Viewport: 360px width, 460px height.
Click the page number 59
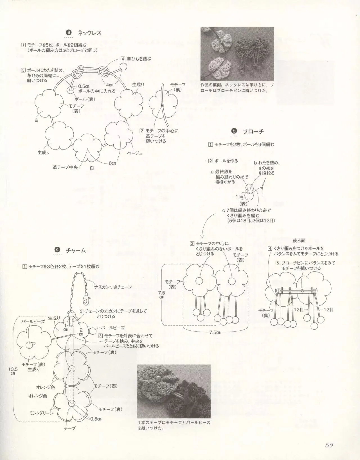[x=329, y=445]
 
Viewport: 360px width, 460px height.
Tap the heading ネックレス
[x=89, y=33]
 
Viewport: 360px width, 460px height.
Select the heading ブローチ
[x=253, y=131]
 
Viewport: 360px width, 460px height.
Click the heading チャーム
[x=75, y=250]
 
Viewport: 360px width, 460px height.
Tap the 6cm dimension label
[x=112, y=163]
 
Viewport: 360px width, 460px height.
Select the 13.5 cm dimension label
[x=13, y=371]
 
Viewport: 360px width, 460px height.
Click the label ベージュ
[x=135, y=153]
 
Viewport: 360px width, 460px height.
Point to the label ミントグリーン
[x=42, y=413]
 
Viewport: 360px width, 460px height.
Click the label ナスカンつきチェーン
[x=113, y=287]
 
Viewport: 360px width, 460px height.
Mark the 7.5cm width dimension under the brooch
[x=215, y=332]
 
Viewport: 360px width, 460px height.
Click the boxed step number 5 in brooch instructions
[x=278, y=263]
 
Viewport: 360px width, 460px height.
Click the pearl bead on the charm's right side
[x=93, y=330]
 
